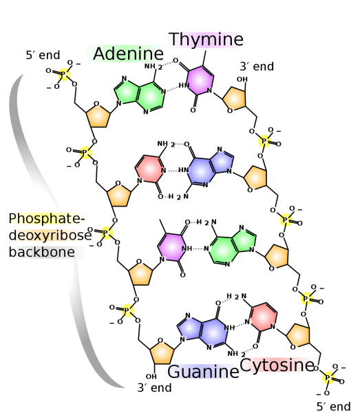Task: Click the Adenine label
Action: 128,54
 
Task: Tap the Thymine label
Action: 206,39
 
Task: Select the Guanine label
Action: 203,372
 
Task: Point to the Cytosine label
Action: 277,365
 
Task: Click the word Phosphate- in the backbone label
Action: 47,218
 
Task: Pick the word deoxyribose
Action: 50,235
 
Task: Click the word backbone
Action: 42,252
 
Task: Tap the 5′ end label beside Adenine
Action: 43,55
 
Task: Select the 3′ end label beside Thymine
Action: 257,66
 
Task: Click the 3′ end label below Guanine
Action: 155,388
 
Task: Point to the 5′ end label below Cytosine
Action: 333,406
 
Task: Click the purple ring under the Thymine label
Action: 200,80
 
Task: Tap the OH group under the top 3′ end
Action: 242,79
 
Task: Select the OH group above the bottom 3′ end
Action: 151,377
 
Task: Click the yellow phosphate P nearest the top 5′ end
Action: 64,74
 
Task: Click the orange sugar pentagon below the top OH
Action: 234,98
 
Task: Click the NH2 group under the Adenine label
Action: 153,66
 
